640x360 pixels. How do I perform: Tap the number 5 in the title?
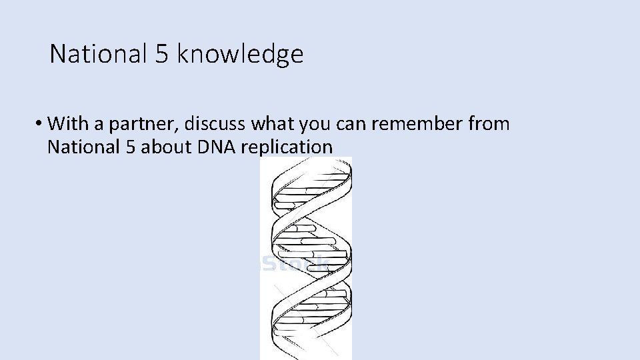(161, 54)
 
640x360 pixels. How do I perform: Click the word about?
(167, 147)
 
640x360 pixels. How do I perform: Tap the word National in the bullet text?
(83, 147)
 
